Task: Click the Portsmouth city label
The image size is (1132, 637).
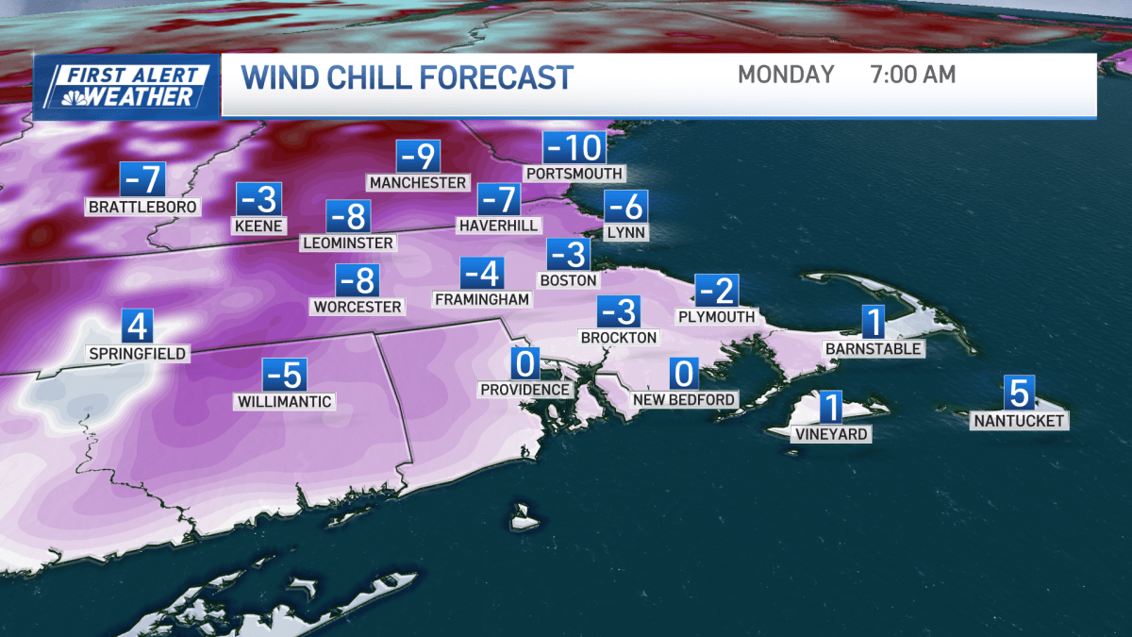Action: tap(574, 174)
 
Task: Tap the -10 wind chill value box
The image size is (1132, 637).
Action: tap(574, 148)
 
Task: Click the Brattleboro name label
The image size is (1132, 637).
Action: tap(142, 206)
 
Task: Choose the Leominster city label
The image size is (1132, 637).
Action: tap(348, 243)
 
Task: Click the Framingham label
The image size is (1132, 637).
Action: tap(482, 299)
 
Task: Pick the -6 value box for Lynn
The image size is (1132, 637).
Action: tap(625, 206)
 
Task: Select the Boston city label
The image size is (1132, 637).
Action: tap(568, 280)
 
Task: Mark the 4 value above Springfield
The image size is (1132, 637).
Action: tap(138, 327)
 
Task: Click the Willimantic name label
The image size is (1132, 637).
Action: tap(284, 402)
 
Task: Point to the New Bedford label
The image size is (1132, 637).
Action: tap(684, 399)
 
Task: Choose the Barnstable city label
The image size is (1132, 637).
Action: tap(874, 348)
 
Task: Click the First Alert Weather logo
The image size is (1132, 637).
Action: tap(126, 87)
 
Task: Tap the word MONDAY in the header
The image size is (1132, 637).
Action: tap(786, 75)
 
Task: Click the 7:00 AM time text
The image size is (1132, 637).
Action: tap(913, 75)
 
